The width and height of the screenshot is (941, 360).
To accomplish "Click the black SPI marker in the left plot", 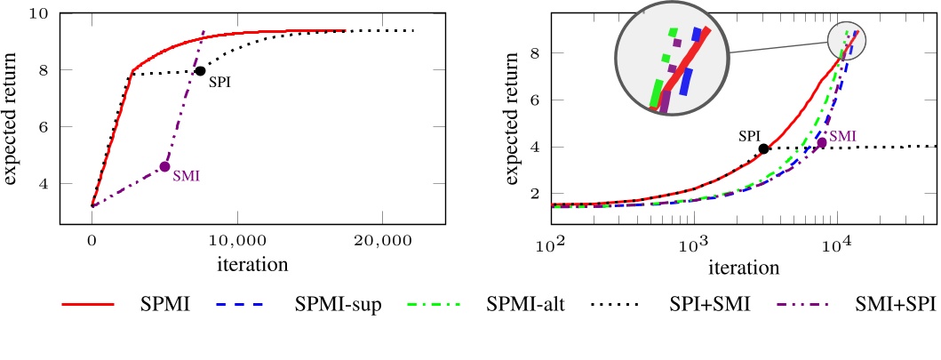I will pyautogui.click(x=200, y=71).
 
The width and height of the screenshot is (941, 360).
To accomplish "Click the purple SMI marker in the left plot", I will pyautogui.click(x=164, y=166).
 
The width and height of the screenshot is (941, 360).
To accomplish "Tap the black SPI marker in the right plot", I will pyautogui.click(x=763, y=148).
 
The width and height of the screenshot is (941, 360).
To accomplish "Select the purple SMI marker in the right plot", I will pyautogui.click(x=822, y=142).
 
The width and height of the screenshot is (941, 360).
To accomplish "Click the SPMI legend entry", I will pyautogui.click(x=164, y=305).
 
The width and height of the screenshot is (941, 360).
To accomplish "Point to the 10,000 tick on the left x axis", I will pyautogui.click(x=236, y=240).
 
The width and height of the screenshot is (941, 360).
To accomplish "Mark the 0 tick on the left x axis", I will pyautogui.click(x=92, y=240).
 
